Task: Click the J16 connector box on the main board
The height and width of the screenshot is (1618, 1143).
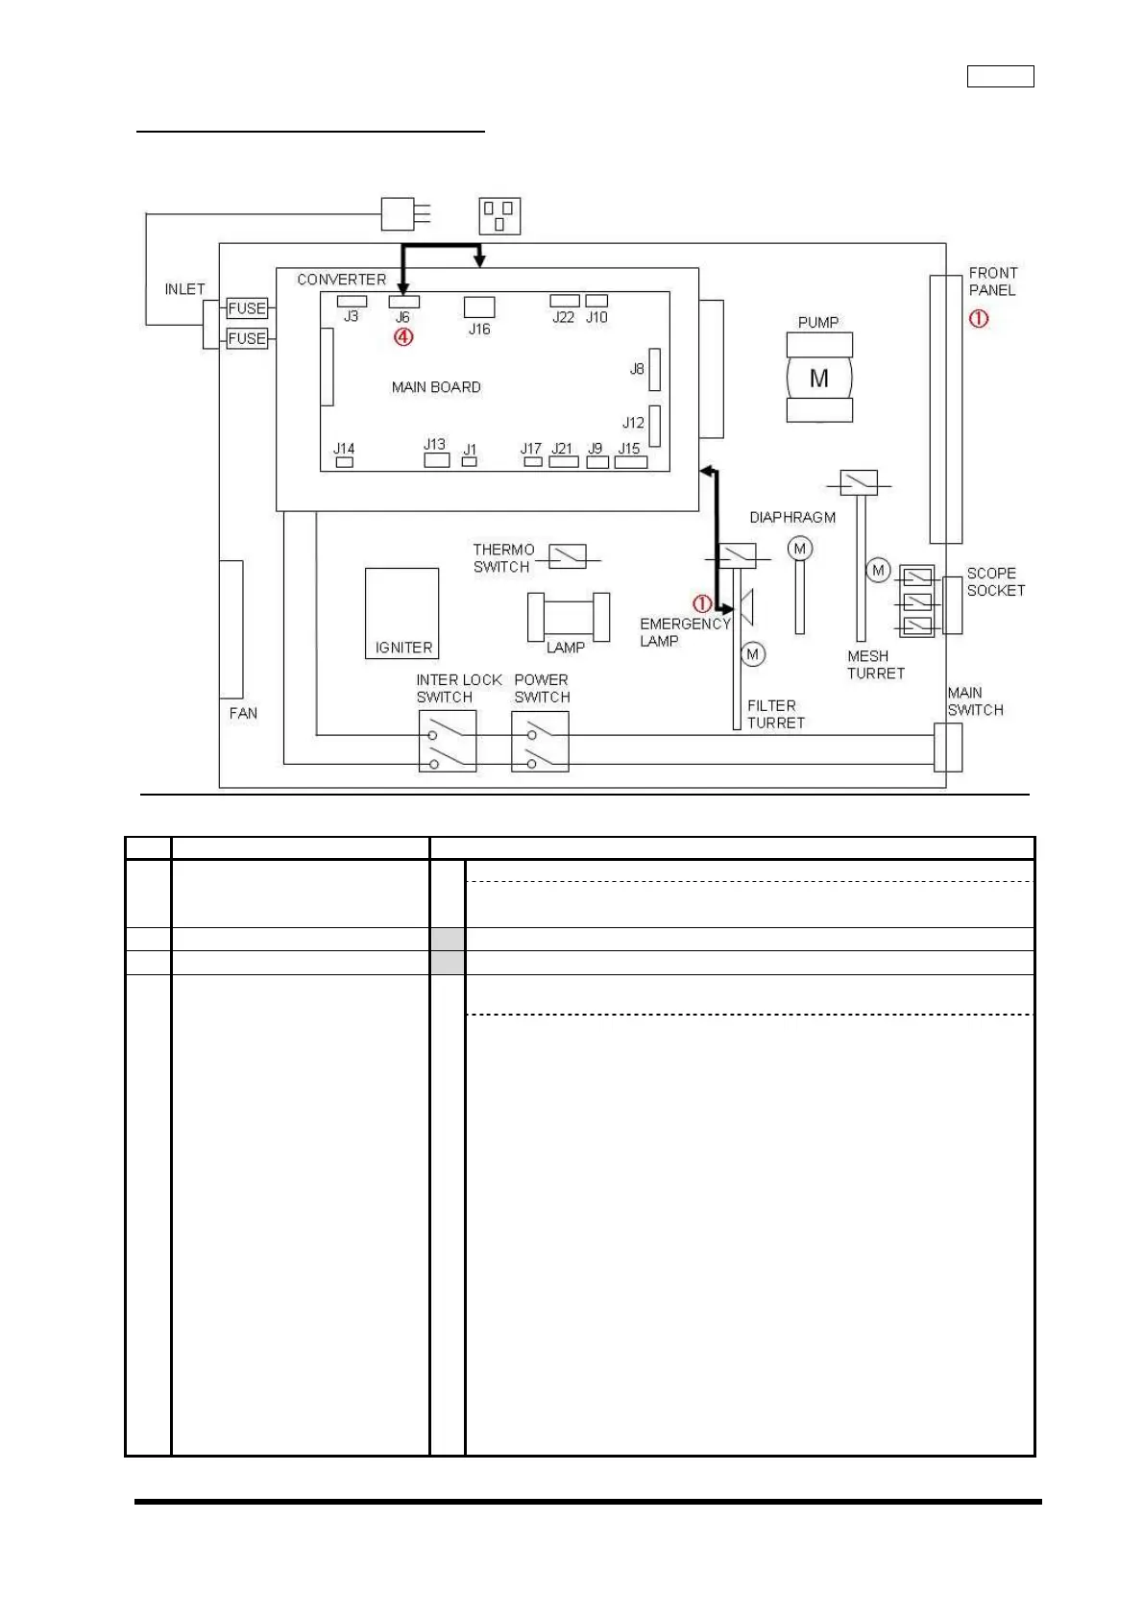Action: point(479,306)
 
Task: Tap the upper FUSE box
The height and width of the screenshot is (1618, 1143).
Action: point(247,308)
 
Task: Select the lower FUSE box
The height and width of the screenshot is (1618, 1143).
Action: point(247,338)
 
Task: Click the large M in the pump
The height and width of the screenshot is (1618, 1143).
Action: point(818,379)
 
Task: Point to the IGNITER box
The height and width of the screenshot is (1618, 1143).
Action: point(401,613)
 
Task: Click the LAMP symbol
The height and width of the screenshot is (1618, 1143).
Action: point(569,617)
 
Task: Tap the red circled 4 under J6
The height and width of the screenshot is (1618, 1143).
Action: point(403,337)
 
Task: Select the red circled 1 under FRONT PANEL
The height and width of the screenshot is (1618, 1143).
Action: point(978,318)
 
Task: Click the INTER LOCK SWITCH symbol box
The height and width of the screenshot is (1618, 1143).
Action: point(448,741)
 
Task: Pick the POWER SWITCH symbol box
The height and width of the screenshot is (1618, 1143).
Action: point(540,741)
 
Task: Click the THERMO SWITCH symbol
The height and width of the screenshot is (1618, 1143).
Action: point(567,556)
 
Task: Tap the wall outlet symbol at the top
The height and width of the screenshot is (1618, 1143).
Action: point(499,216)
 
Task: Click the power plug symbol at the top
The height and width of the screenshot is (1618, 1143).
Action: point(399,213)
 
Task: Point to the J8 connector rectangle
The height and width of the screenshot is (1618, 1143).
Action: point(654,370)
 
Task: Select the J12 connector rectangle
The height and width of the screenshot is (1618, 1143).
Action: point(654,426)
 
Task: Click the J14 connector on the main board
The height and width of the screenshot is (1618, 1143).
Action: point(344,462)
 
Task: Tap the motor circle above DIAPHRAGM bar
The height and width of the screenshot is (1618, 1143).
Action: point(800,549)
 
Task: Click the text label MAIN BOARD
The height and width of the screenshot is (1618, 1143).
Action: point(436,387)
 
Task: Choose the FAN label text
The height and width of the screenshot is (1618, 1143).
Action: point(243,713)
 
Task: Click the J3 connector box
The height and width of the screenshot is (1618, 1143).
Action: point(352,302)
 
